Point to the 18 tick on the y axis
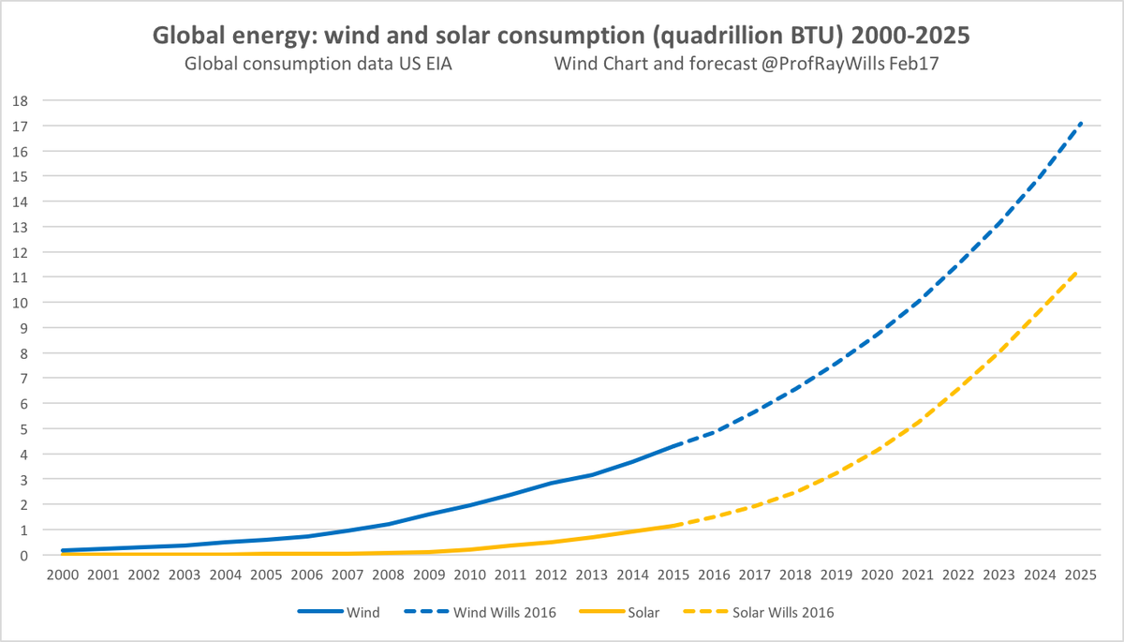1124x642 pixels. tap(21, 100)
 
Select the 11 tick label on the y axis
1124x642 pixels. tap(21, 277)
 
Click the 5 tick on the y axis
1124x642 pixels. tap(24, 429)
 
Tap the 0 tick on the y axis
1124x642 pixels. tap(24, 556)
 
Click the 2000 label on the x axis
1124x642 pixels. tap(63, 575)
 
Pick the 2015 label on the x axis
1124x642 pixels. tap(674, 575)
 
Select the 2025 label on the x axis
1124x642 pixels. tap(1082, 575)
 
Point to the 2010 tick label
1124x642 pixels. tap(470, 575)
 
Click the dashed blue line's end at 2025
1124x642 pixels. tap(1082, 123)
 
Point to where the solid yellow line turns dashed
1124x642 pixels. tap(674, 525)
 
